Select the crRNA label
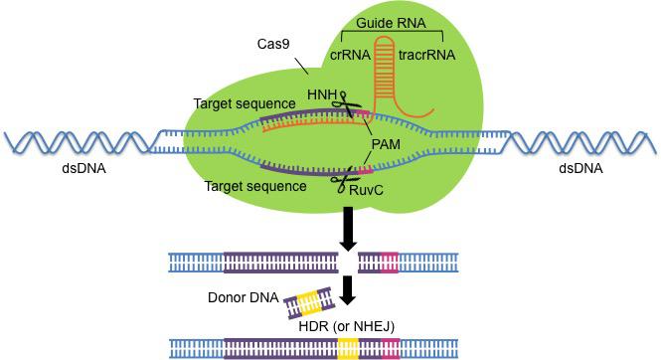(x=348, y=57)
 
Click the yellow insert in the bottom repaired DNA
(x=348, y=347)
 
